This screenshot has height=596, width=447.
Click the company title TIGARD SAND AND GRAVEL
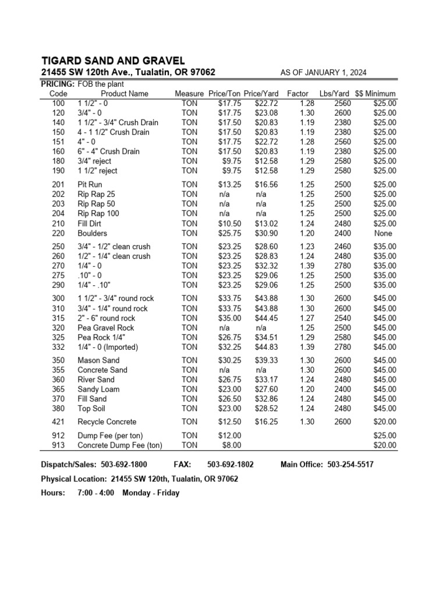[113, 61]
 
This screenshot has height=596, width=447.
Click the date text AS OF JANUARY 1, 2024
[324, 72]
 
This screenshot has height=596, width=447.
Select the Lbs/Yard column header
[334, 94]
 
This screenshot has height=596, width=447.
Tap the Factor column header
[297, 94]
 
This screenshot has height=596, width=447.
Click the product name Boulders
[92, 233]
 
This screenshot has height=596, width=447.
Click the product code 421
[58, 421]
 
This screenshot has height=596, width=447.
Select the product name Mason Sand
[98, 360]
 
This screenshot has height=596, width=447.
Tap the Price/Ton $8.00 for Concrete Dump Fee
[231, 445]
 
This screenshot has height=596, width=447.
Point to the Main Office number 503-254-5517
[351, 464]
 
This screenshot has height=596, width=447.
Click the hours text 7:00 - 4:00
[95, 493]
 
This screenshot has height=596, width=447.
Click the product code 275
[58, 275]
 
